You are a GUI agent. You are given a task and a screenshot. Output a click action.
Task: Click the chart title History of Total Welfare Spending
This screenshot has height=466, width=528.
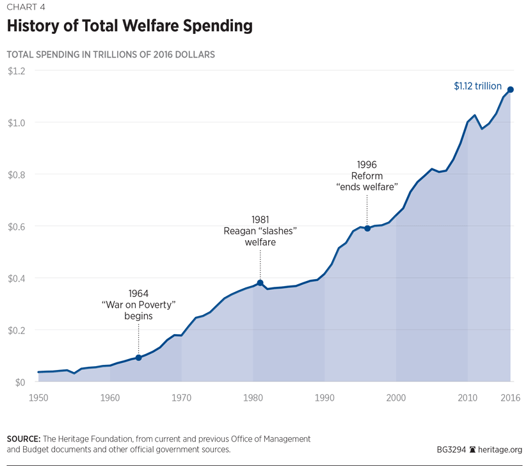(129, 27)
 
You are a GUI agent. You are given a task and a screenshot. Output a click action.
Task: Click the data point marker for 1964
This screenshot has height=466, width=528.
(138, 358)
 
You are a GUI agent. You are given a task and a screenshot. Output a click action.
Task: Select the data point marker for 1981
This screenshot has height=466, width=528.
(260, 283)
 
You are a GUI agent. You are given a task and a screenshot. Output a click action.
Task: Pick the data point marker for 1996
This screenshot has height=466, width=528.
(367, 229)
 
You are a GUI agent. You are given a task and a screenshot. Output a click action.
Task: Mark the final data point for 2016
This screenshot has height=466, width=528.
(510, 90)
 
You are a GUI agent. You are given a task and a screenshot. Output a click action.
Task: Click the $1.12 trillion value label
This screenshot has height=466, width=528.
(477, 86)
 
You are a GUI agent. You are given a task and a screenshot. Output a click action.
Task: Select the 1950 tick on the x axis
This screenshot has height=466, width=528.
(38, 398)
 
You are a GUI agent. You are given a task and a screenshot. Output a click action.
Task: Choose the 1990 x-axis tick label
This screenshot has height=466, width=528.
(325, 398)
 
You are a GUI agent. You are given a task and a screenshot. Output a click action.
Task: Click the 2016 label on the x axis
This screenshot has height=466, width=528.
(510, 398)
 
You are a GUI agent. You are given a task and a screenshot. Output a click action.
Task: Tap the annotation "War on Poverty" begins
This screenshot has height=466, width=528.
(138, 304)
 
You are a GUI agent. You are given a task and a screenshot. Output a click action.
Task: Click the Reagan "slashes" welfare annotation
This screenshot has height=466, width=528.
(260, 230)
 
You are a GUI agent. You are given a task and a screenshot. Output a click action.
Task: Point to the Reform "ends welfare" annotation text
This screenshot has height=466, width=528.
(367, 176)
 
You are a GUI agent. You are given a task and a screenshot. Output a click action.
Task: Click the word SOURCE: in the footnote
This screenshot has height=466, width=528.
(23, 439)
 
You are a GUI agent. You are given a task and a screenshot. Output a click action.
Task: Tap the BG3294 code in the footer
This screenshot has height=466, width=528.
(450, 449)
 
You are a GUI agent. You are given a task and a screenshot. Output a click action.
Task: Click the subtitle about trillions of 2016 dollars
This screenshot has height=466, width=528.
(110, 54)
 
